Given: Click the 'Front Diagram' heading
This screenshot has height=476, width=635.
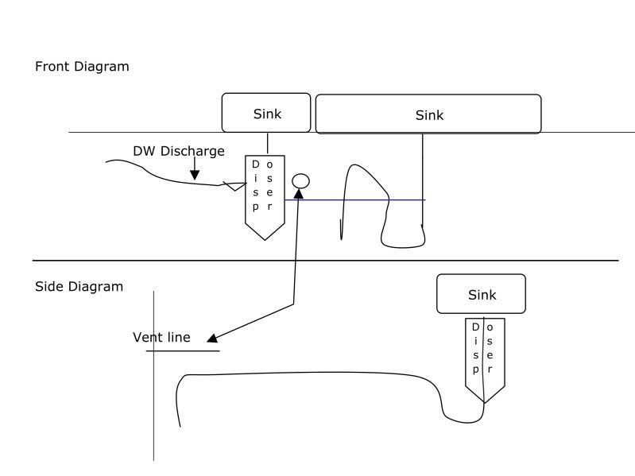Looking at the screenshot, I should [x=82, y=67].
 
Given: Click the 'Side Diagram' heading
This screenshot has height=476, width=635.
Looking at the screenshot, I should [x=79, y=286].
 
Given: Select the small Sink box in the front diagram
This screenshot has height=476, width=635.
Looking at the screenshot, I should [x=267, y=113].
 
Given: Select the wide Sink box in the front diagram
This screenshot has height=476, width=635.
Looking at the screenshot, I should [x=428, y=114].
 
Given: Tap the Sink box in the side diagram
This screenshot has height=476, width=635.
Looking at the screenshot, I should [x=481, y=294].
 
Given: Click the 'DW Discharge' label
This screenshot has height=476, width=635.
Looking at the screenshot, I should [x=179, y=151].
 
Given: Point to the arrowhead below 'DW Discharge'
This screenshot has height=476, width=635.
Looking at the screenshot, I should [x=195, y=174].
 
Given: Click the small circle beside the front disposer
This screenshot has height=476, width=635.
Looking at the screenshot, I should [x=300, y=180].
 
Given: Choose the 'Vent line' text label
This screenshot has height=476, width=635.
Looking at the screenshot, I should [x=161, y=338].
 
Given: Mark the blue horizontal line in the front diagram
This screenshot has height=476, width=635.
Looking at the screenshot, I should [x=358, y=199].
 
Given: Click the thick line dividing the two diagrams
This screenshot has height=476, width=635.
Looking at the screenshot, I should [x=325, y=260].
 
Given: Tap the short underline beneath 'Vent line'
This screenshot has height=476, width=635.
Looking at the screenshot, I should [x=183, y=350].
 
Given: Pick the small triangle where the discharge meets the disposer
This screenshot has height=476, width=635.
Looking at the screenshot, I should [x=232, y=187].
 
